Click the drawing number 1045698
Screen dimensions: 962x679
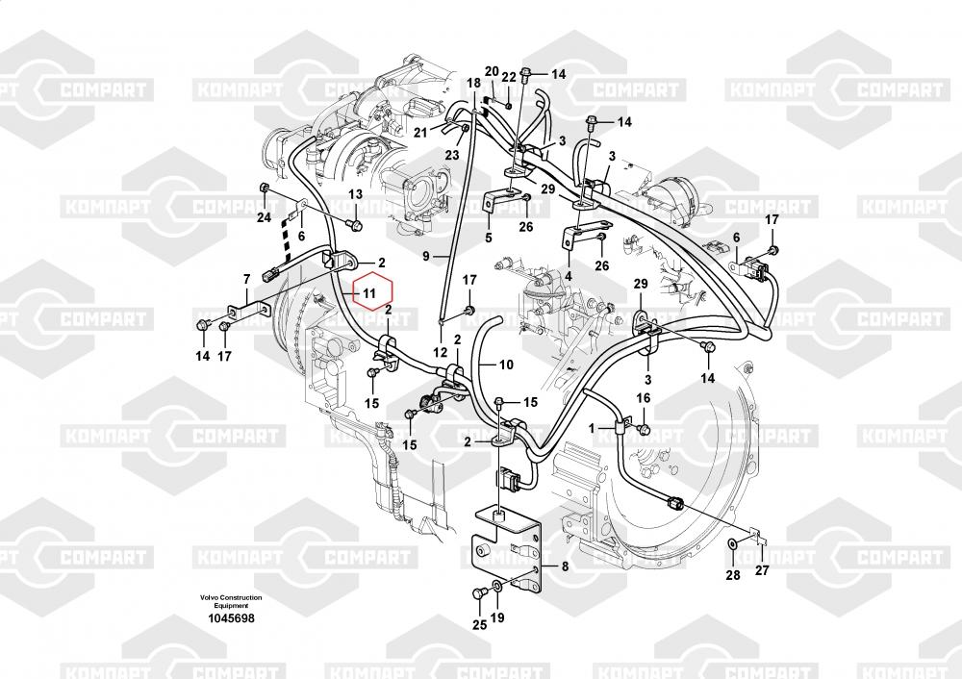click(230, 618)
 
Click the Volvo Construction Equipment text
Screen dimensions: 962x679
click(230, 601)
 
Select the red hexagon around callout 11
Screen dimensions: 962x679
click(368, 292)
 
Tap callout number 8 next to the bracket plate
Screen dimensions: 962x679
click(565, 566)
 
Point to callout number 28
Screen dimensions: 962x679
click(733, 575)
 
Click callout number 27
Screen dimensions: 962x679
click(761, 570)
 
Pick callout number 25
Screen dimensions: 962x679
click(480, 624)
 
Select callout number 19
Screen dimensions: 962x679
click(497, 617)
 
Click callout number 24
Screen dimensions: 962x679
click(264, 217)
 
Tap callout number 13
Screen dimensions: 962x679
click(356, 195)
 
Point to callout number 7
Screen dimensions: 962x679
click(246, 279)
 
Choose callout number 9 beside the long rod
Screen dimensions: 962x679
click(426, 257)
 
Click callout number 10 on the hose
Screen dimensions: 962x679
click(506, 365)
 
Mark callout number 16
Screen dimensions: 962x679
click(643, 398)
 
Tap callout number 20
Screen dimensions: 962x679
click(492, 72)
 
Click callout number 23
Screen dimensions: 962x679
click(452, 155)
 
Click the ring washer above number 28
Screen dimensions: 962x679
click(732, 543)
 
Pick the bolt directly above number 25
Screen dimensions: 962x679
click(480, 593)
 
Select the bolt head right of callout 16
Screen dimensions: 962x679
click(644, 427)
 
